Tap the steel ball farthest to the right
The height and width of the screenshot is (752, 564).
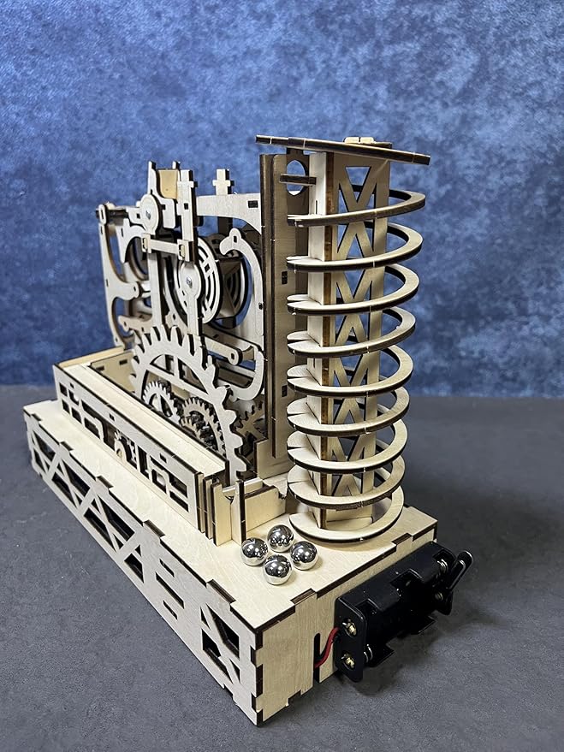point(303,555)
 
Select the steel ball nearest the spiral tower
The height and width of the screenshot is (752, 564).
point(281,537)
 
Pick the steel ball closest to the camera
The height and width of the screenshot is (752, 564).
point(276,569)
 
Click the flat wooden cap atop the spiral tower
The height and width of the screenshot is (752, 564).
point(342,148)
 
